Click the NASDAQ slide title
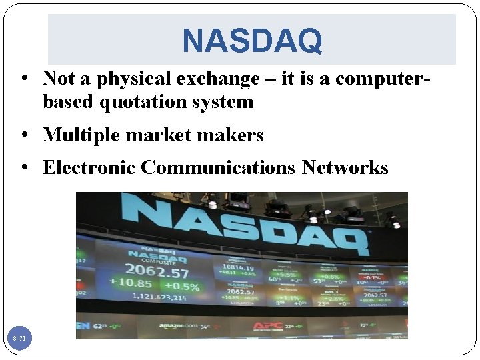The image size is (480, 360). (x=252, y=40)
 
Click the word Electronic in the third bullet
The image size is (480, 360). (x=89, y=167)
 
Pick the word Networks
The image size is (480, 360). (x=345, y=167)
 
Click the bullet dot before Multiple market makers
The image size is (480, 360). (x=23, y=136)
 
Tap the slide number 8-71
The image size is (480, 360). (x=19, y=339)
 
